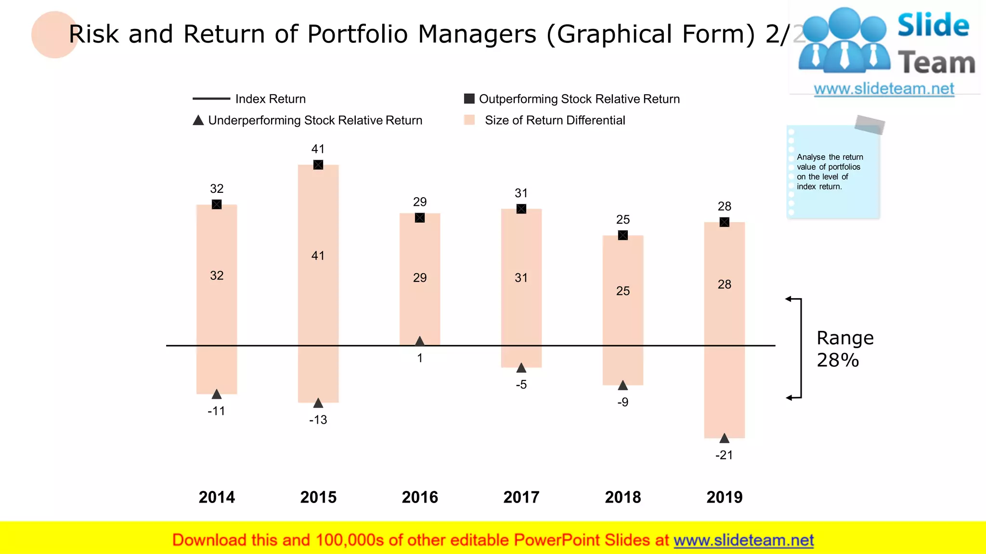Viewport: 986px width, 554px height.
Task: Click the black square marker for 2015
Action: (318, 165)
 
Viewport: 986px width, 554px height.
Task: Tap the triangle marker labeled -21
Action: (725, 438)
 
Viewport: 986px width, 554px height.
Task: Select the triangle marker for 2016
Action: (420, 341)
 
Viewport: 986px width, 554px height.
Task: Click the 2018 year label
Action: (623, 497)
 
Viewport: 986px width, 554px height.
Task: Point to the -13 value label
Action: (318, 420)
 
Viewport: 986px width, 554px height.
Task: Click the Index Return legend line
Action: (211, 99)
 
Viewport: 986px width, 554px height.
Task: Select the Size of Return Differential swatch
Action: (469, 120)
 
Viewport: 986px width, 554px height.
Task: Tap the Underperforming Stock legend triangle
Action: (198, 120)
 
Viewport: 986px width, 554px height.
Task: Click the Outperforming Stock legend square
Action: (469, 99)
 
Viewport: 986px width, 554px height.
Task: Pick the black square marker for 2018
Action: (623, 235)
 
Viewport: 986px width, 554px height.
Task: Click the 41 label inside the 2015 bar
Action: (318, 256)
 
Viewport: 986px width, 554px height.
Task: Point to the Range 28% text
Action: (845, 349)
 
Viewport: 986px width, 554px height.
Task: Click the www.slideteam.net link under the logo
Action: (884, 89)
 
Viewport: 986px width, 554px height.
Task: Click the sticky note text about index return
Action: (830, 172)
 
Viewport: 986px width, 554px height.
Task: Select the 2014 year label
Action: (217, 497)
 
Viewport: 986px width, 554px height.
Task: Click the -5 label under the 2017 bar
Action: (521, 385)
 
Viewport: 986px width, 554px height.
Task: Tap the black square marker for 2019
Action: (725, 222)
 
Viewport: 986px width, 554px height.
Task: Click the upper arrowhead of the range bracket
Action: (789, 299)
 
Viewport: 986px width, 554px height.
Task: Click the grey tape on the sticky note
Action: (869, 125)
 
